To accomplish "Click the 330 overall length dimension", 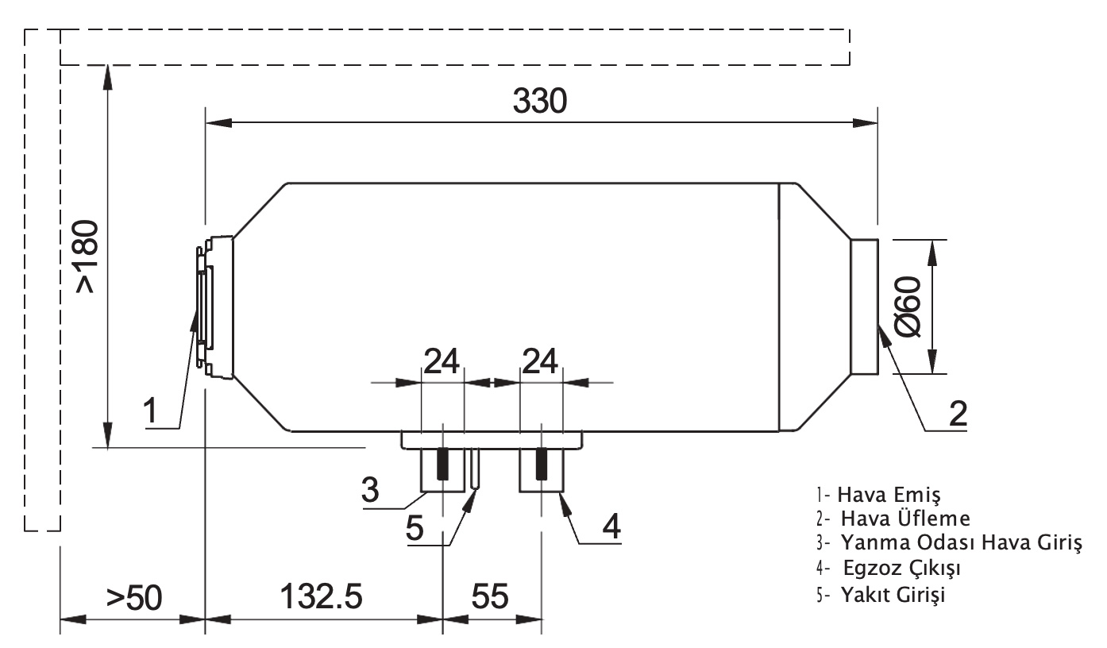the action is (x=540, y=101).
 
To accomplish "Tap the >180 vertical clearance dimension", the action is (x=87, y=256).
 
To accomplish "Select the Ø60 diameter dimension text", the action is (x=908, y=307).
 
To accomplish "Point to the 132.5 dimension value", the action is (x=322, y=596).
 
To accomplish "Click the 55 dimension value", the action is (x=490, y=596).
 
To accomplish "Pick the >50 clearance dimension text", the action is (x=134, y=598).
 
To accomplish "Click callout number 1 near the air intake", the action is (x=150, y=411).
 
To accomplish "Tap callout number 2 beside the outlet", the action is (x=958, y=413).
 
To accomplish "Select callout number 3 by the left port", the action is (x=370, y=489).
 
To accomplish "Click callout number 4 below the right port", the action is (x=611, y=526).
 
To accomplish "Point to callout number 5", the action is (x=415, y=528).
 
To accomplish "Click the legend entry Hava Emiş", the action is (x=878, y=494).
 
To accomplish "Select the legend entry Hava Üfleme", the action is (x=893, y=519).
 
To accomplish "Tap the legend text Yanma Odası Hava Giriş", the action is (x=949, y=543).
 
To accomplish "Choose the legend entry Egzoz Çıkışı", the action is (x=889, y=569).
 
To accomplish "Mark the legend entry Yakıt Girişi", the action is (x=881, y=595).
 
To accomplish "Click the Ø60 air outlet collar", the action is (x=864, y=307).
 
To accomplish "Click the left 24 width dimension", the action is (x=442, y=361).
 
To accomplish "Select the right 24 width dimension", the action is (x=540, y=361).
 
